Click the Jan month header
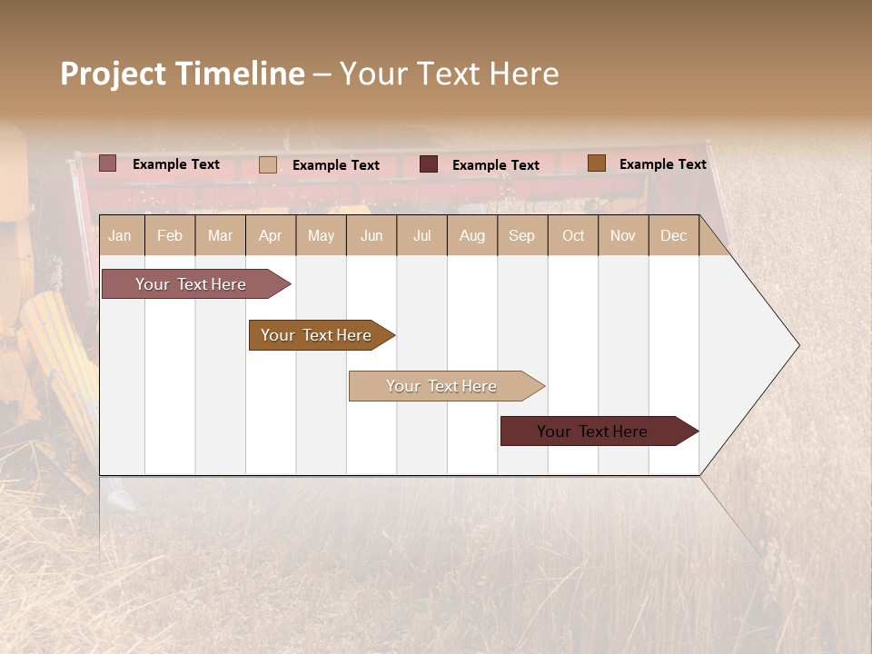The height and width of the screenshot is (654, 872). [x=121, y=235]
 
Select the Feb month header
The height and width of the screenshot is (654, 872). [x=170, y=235]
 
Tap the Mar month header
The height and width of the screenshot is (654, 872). [x=220, y=235]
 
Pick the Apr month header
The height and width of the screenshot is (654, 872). [x=271, y=235]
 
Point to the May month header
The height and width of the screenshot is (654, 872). [x=321, y=235]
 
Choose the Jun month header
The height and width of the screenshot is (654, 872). [x=372, y=235]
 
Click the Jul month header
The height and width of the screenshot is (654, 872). [x=421, y=235]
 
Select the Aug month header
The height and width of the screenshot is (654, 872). [x=472, y=235]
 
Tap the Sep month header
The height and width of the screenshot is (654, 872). [x=522, y=235]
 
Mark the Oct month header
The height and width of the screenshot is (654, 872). [x=573, y=235]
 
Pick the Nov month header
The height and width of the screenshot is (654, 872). [x=623, y=235]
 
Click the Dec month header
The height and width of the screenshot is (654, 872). [x=674, y=235]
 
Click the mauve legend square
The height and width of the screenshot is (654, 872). [x=108, y=163]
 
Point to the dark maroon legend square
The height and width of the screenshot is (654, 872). [x=429, y=164]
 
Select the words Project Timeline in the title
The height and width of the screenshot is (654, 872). [x=183, y=74]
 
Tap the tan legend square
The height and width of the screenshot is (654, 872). [x=268, y=164]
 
